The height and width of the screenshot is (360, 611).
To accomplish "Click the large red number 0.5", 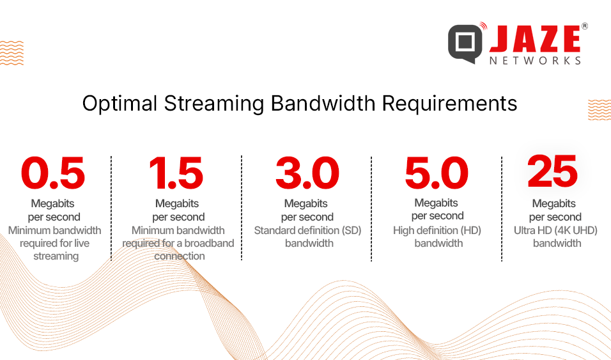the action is pos(53,173).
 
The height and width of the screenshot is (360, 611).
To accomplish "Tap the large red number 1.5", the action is pos(176,173).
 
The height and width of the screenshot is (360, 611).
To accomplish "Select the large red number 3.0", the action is pos(307,173).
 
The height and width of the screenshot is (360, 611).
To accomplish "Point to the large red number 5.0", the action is pos(437,173).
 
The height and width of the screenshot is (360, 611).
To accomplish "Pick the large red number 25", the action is pos(552,171).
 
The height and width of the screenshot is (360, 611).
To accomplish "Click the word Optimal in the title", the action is pos(120,104).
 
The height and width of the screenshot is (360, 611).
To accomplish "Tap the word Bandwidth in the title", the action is pos(323,104).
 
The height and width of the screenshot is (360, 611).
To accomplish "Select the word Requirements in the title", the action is pos(449,104).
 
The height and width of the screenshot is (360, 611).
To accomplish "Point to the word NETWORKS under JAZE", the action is pos(536,61).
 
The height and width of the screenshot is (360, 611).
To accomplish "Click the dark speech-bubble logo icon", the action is pos(465,42).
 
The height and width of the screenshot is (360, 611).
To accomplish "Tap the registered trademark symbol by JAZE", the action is pos(585,26).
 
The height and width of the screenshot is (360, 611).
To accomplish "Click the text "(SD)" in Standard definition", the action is pos(352,230).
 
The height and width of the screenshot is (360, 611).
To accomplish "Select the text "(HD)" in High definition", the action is pos(471,230).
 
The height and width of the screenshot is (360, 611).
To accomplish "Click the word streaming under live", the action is pos(56,256).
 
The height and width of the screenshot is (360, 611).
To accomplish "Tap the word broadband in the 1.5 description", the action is pos(209,244).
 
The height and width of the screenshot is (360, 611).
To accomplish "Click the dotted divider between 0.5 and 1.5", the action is pos(111,208).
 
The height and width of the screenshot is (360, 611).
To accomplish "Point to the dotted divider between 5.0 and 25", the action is pos(502,208).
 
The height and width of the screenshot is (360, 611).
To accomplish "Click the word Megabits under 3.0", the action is pos(306,203).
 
